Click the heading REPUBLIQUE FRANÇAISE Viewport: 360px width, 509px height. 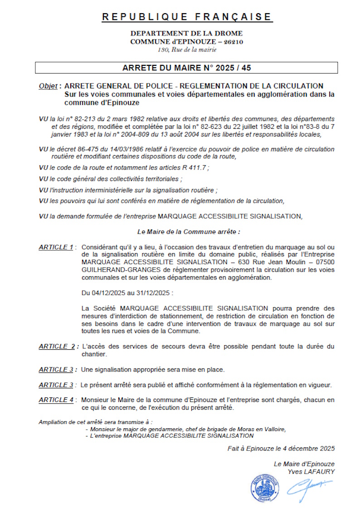click(x=186, y=17)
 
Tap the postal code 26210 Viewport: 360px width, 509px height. click(x=233, y=42)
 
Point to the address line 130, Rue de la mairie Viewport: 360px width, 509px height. click(x=186, y=49)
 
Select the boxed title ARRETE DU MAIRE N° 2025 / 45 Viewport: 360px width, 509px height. click(x=186, y=68)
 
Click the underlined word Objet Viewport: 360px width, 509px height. click(x=48, y=86)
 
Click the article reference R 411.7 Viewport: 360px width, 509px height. click(x=193, y=167)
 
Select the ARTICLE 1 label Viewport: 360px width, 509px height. click(x=56, y=247)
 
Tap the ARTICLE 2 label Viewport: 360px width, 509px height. click(x=57, y=347)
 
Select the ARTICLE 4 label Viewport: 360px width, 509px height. click(x=56, y=400)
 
